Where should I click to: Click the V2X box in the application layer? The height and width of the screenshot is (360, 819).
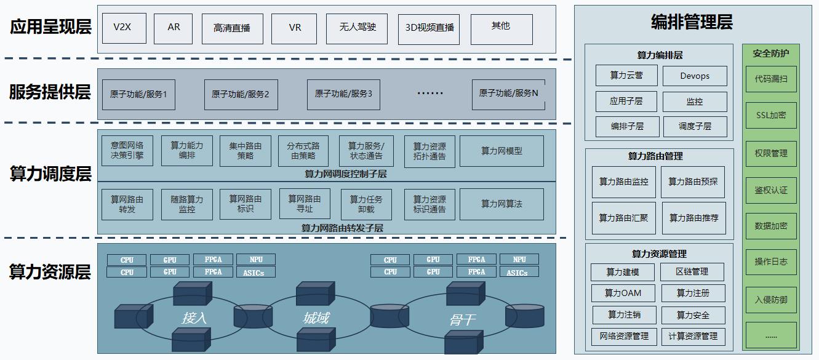click(x=124, y=28)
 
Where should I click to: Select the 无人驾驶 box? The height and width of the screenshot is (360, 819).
click(x=357, y=28)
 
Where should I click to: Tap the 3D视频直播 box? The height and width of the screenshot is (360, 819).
click(x=429, y=28)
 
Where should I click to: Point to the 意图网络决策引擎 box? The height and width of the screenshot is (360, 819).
click(x=127, y=151)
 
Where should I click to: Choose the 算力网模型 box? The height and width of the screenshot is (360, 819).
click(x=501, y=151)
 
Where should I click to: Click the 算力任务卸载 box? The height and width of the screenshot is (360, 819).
click(x=366, y=204)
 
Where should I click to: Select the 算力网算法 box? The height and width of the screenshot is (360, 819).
click(x=501, y=204)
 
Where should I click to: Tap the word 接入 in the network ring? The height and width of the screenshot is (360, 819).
click(x=194, y=318)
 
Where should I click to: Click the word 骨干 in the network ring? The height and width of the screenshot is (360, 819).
click(x=461, y=319)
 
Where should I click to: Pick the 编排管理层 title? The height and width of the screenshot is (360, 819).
click(x=692, y=23)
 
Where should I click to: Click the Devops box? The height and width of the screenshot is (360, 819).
click(x=695, y=76)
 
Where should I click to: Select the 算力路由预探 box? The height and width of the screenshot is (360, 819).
click(x=693, y=182)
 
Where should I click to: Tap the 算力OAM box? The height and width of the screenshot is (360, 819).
click(x=623, y=293)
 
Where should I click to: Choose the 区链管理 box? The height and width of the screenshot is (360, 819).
click(x=692, y=271)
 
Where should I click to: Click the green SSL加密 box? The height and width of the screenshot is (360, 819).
click(x=771, y=116)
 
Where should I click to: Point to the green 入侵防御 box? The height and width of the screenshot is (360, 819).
click(x=771, y=300)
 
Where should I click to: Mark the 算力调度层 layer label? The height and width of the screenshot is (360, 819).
click(x=50, y=174)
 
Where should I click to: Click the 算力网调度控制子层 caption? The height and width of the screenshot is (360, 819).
click(x=346, y=174)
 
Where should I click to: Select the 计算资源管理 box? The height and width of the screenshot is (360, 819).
click(x=693, y=336)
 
